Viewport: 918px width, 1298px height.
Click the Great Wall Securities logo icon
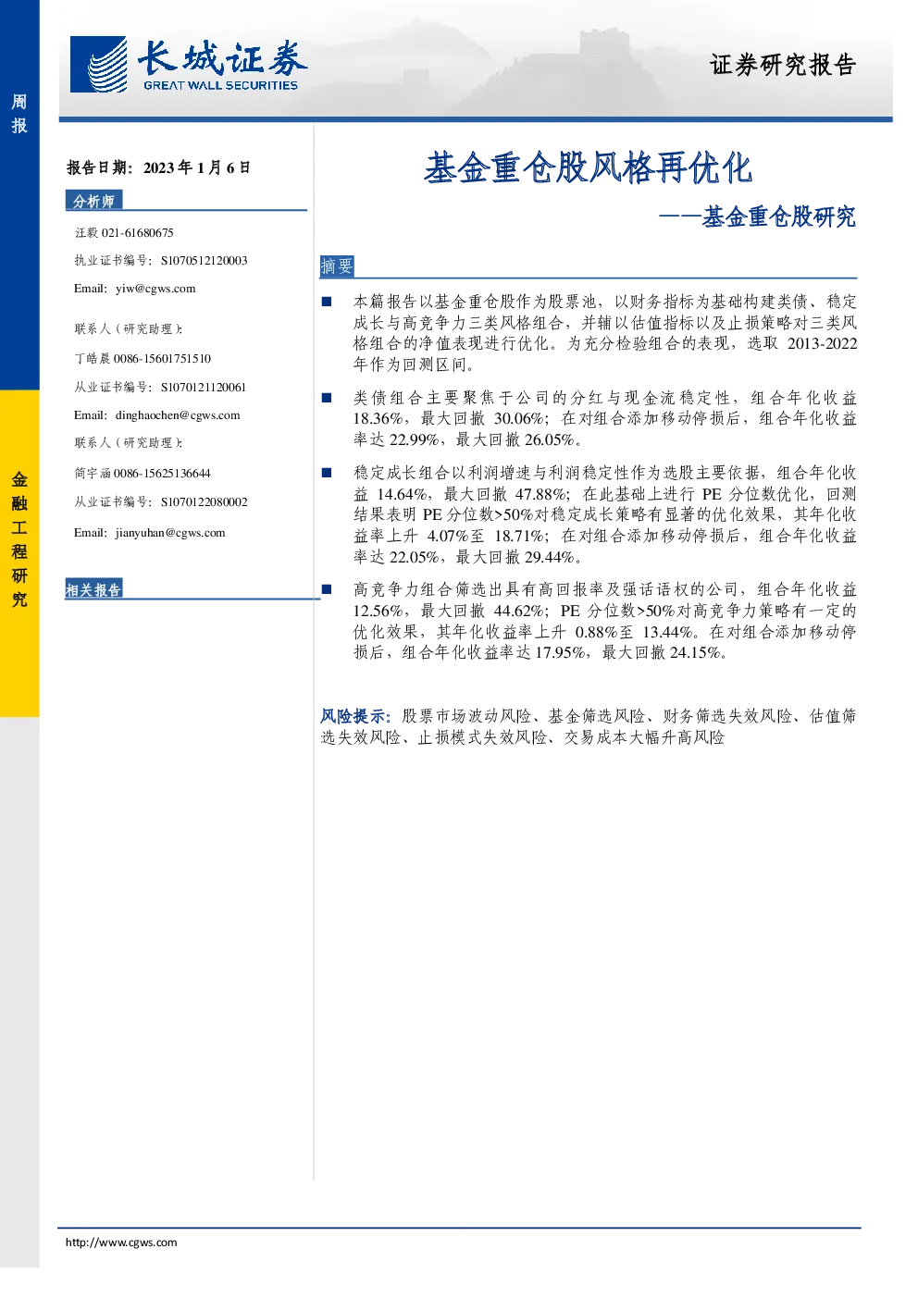pyautogui.click(x=98, y=65)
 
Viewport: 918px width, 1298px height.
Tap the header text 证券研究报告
pyautogui.click(x=783, y=65)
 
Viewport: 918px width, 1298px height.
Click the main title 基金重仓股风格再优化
pyautogui.click(x=588, y=168)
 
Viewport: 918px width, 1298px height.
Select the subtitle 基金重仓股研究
pyautogui.click(x=779, y=216)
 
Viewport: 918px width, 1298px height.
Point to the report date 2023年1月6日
pyautogui.click(x=197, y=167)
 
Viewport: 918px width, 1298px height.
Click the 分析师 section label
pyautogui.click(x=93, y=201)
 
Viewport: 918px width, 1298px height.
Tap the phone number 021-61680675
pyautogui.click(x=137, y=233)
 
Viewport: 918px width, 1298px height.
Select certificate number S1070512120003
pyautogui.click(x=204, y=261)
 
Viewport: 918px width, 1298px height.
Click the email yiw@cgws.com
pyautogui.click(x=155, y=289)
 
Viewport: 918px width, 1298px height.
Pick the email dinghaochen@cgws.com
pyautogui.click(x=178, y=415)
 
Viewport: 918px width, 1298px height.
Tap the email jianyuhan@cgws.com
pyautogui.click(x=169, y=533)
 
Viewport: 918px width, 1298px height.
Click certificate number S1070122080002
pyautogui.click(x=204, y=502)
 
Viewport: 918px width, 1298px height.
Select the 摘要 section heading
pyautogui.click(x=336, y=266)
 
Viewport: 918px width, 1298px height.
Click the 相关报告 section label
pyautogui.click(x=93, y=590)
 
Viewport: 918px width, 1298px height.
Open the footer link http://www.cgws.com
pyautogui.click(x=121, y=1242)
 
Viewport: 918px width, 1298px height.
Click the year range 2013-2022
pyautogui.click(x=822, y=343)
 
